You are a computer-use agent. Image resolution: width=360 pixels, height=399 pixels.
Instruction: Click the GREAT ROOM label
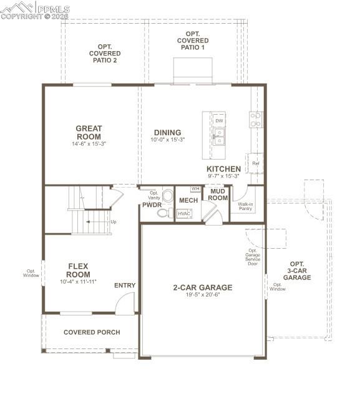[89, 133]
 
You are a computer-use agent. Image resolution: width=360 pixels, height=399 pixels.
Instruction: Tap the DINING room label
[167, 132]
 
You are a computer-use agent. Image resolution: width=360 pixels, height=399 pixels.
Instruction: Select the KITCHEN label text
[223, 169]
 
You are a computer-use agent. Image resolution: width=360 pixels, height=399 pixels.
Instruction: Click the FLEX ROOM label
[79, 270]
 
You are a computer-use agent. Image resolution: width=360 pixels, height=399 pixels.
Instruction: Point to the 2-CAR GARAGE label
[202, 287]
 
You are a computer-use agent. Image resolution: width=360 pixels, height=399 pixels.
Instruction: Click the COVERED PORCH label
[92, 332]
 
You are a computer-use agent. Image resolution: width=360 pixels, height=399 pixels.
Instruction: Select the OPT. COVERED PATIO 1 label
[192, 41]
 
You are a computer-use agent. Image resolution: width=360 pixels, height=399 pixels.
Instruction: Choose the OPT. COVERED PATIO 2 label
[104, 53]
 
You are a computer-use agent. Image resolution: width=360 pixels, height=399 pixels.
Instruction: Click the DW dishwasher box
[219, 120]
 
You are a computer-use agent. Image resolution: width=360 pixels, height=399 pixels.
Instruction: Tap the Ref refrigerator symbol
[255, 163]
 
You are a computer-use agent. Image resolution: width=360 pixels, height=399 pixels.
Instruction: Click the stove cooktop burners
[256, 119]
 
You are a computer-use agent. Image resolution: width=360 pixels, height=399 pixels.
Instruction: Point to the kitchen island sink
[218, 137]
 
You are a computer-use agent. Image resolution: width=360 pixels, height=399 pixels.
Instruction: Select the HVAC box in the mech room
[184, 213]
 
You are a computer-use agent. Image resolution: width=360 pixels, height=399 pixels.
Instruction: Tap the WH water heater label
[195, 189]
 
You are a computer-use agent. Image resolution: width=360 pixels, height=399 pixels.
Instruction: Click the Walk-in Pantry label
[245, 206]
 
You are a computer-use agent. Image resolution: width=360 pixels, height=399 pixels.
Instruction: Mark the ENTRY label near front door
[125, 286]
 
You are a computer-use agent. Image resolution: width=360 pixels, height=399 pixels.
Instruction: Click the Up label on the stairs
[113, 221]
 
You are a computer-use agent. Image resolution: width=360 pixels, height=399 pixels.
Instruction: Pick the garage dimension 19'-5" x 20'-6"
[202, 295]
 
